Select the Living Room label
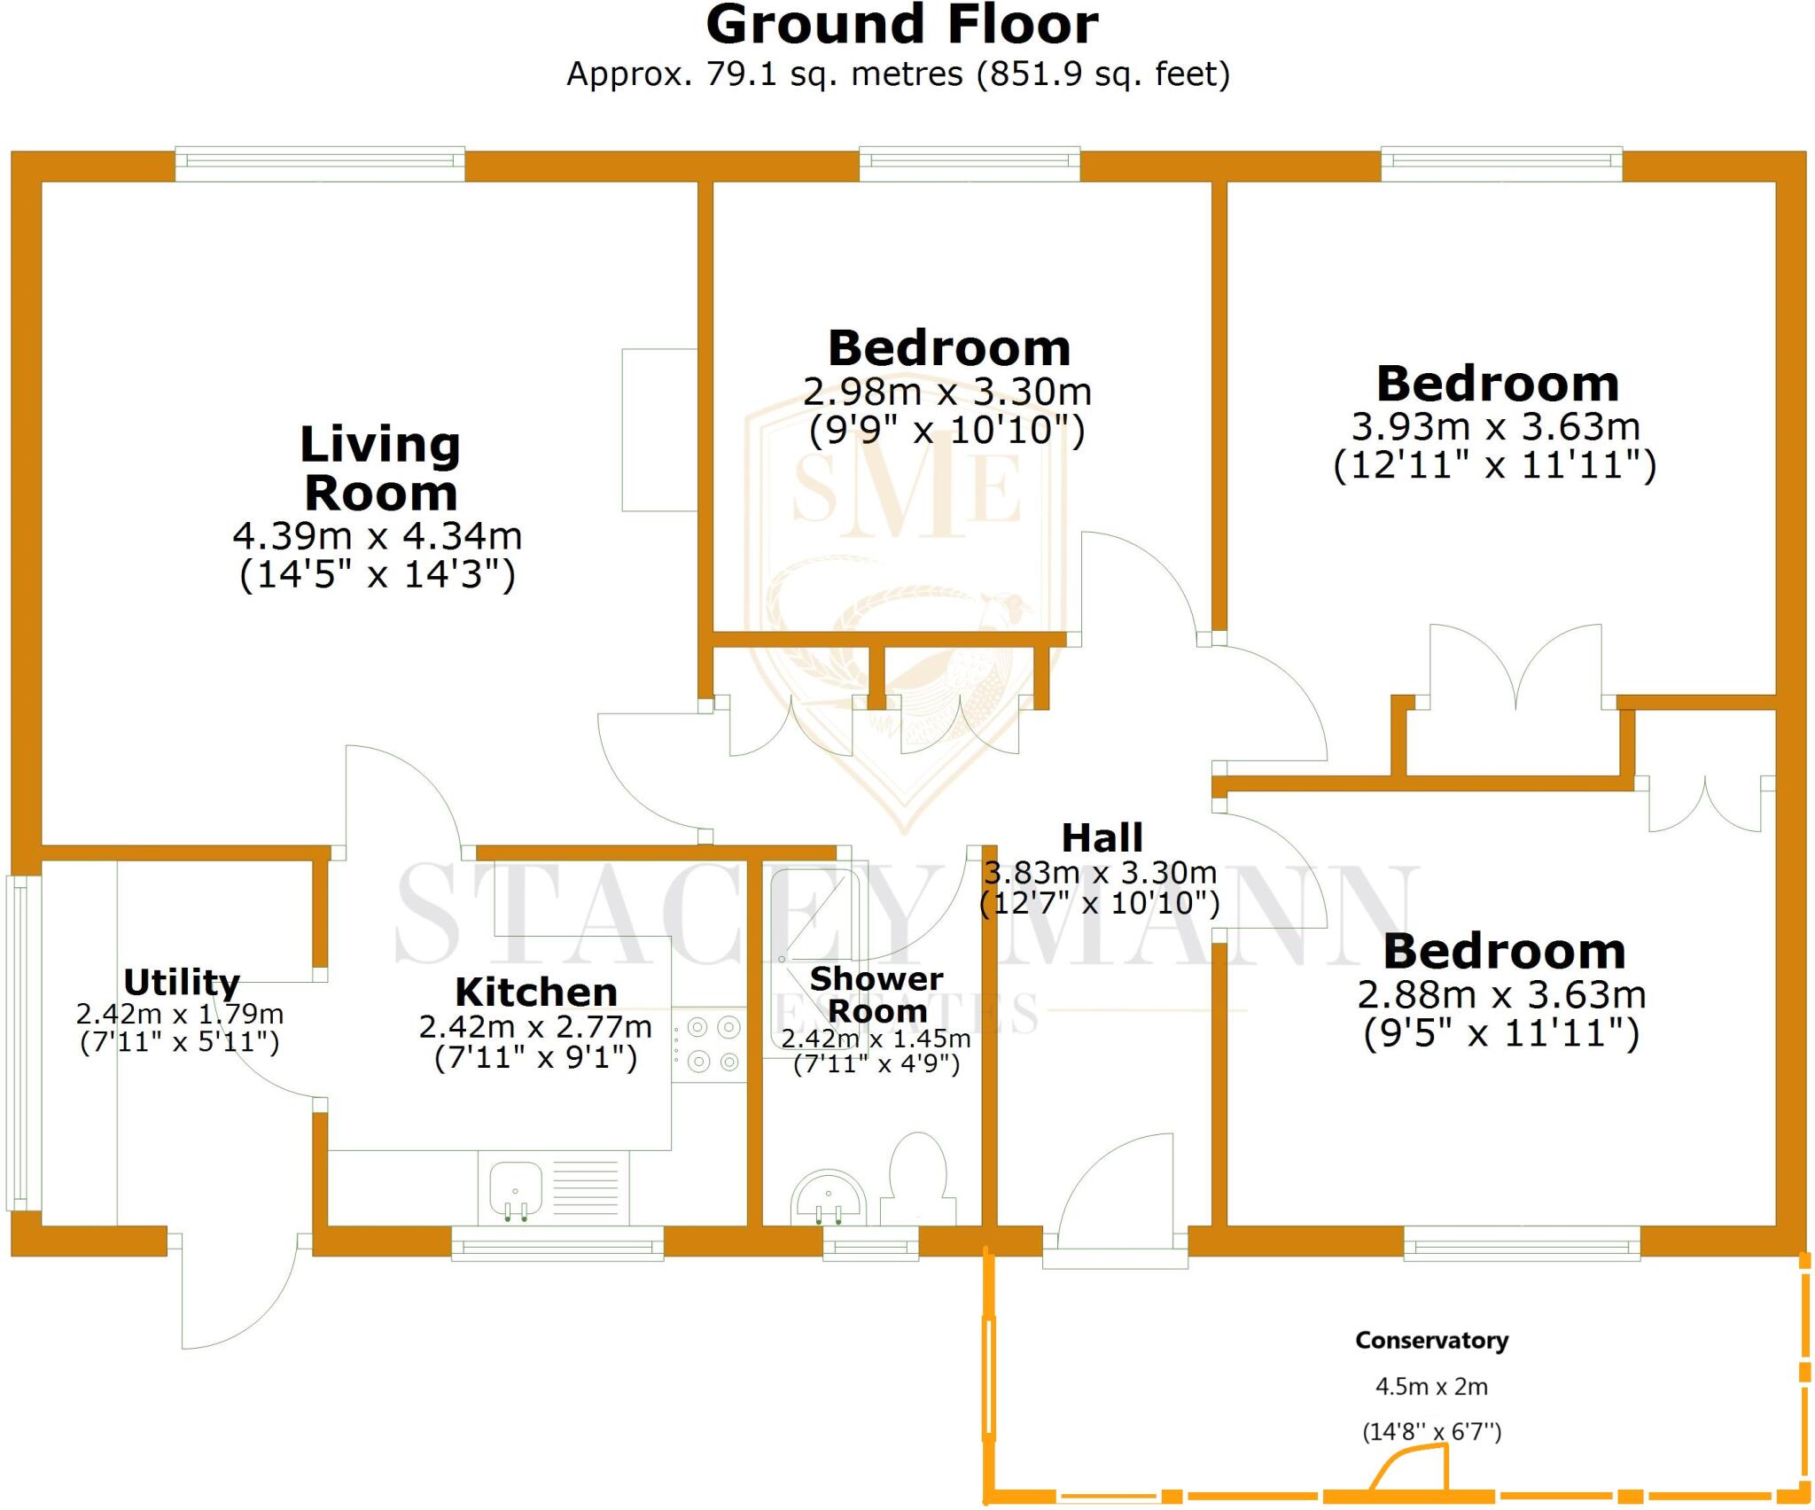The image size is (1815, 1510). pyautogui.click(x=380, y=468)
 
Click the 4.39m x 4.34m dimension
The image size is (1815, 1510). pyautogui.click(x=377, y=535)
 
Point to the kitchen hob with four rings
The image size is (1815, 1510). pyautogui.click(x=709, y=1043)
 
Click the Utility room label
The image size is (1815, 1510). pyautogui.click(x=182, y=982)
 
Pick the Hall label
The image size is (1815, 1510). pyautogui.click(x=1102, y=837)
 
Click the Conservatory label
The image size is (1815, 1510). pyautogui.click(x=1431, y=1341)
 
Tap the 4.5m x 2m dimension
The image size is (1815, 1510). pyautogui.click(x=1431, y=1387)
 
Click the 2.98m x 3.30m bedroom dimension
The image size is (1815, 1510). pyautogui.click(x=946, y=391)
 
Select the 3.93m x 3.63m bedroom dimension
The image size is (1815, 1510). pyautogui.click(x=1495, y=426)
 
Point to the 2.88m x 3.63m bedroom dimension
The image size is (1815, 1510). pyautogui.click(x=1501, y=994)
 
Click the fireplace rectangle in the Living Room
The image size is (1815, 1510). pyautogui.click(x=658, y=430)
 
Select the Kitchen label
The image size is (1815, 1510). pyautogui.click(x=535, y=992)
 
